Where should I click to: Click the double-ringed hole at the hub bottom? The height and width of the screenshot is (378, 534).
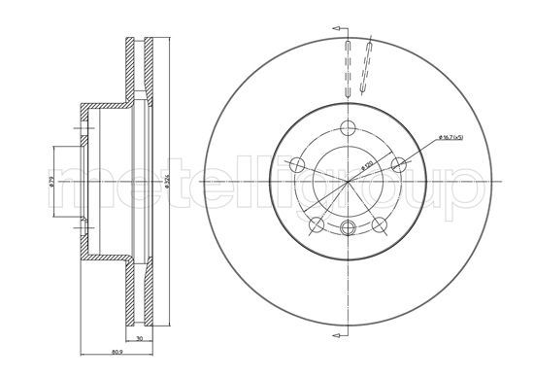click(348, 228)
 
